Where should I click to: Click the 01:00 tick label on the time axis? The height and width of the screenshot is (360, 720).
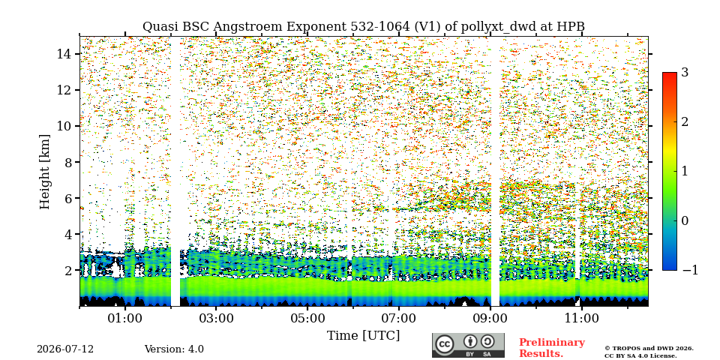125,318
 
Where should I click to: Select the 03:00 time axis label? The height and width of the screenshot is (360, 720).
216,318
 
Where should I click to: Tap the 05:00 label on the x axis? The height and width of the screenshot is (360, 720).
307,318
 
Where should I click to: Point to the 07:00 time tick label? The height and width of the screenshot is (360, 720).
399,318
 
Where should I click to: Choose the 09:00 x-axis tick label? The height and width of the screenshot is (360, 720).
490,318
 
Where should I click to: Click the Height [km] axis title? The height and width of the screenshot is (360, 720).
44,172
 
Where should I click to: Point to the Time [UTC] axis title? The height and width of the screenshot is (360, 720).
363,336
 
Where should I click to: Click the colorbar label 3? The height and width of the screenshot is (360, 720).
685,73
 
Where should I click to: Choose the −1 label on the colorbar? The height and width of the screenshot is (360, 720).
690,270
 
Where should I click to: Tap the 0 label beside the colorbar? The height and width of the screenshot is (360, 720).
685,220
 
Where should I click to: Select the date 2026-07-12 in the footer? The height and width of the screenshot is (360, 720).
65,349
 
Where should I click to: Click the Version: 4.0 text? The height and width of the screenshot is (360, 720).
174,349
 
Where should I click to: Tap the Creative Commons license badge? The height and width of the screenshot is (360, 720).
468,345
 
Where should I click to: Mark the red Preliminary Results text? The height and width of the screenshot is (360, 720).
551,347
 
